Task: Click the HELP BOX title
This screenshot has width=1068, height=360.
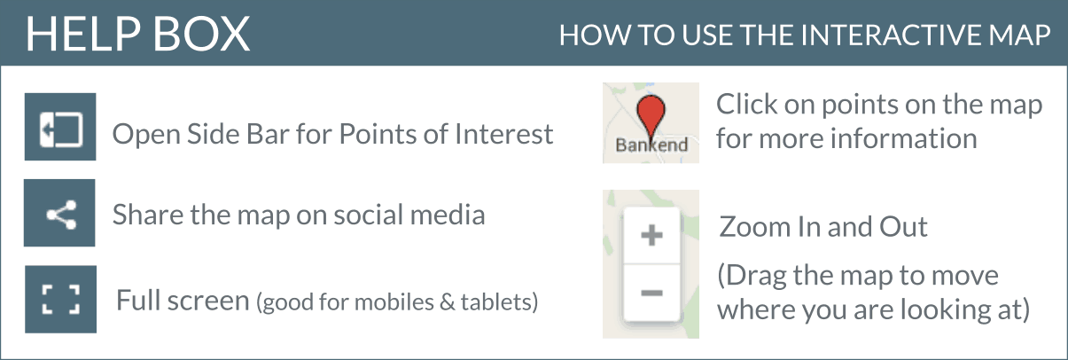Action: pyautogui.click(x=137, y=34)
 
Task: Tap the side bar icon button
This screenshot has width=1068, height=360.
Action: pyautogui.click(x=60, y=127)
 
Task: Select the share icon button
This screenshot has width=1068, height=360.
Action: pyautogui.click(x=59, y=213)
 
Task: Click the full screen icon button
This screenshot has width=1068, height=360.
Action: pyautogui.click(x=60, y=300)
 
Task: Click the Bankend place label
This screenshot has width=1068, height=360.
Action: pyautogui.click(x=651, y=145)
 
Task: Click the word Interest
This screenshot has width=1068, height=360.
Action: pyautogui.click(x=503, y=134)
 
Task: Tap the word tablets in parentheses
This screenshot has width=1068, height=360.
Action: pyautogui.click(x=499, y=301)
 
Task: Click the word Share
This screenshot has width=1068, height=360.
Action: pyautogui.click(x=148, y=215)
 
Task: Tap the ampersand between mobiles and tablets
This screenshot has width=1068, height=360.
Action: pyautogui.click(x=448, y=302)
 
